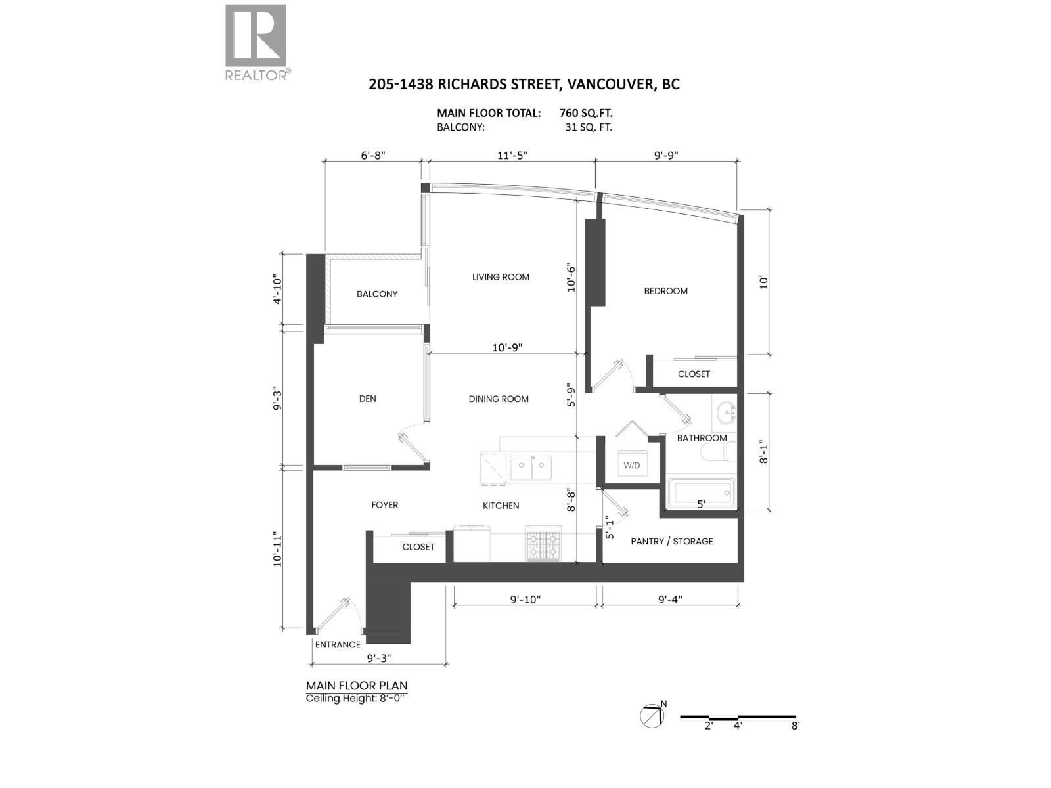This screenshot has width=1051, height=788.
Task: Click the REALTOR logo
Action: (x=256, y=42)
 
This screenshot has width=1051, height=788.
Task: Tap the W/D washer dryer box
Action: (x=631, y=464)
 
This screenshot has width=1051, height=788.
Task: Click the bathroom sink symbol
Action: (x=727, y=413)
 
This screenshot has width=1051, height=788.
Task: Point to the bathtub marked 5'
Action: (x=700, y=493)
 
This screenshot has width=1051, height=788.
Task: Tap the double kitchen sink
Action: (x=531, y=469)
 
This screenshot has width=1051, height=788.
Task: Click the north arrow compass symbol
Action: (x=652, y=715)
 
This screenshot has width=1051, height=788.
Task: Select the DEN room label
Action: (x=367, y=399)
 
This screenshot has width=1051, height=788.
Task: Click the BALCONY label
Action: (x=377, y=294)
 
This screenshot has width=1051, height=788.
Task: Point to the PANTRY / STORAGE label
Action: (x=671, y=541)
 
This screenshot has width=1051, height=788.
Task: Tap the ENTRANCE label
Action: (x=338, y=644)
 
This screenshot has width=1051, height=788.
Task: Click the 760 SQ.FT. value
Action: (x=586, y=113)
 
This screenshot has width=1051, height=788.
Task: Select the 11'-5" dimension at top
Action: (x=512, y=156)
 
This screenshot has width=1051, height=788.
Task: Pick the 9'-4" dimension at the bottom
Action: (x=670, y=599)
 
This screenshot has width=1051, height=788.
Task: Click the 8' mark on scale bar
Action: (x=795, y=726)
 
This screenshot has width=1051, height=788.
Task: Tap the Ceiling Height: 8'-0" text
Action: (x=356, y=698)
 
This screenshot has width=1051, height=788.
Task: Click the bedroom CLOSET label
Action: (x=694, y=374)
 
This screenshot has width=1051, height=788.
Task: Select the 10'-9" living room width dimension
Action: (x=507, y=347)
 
